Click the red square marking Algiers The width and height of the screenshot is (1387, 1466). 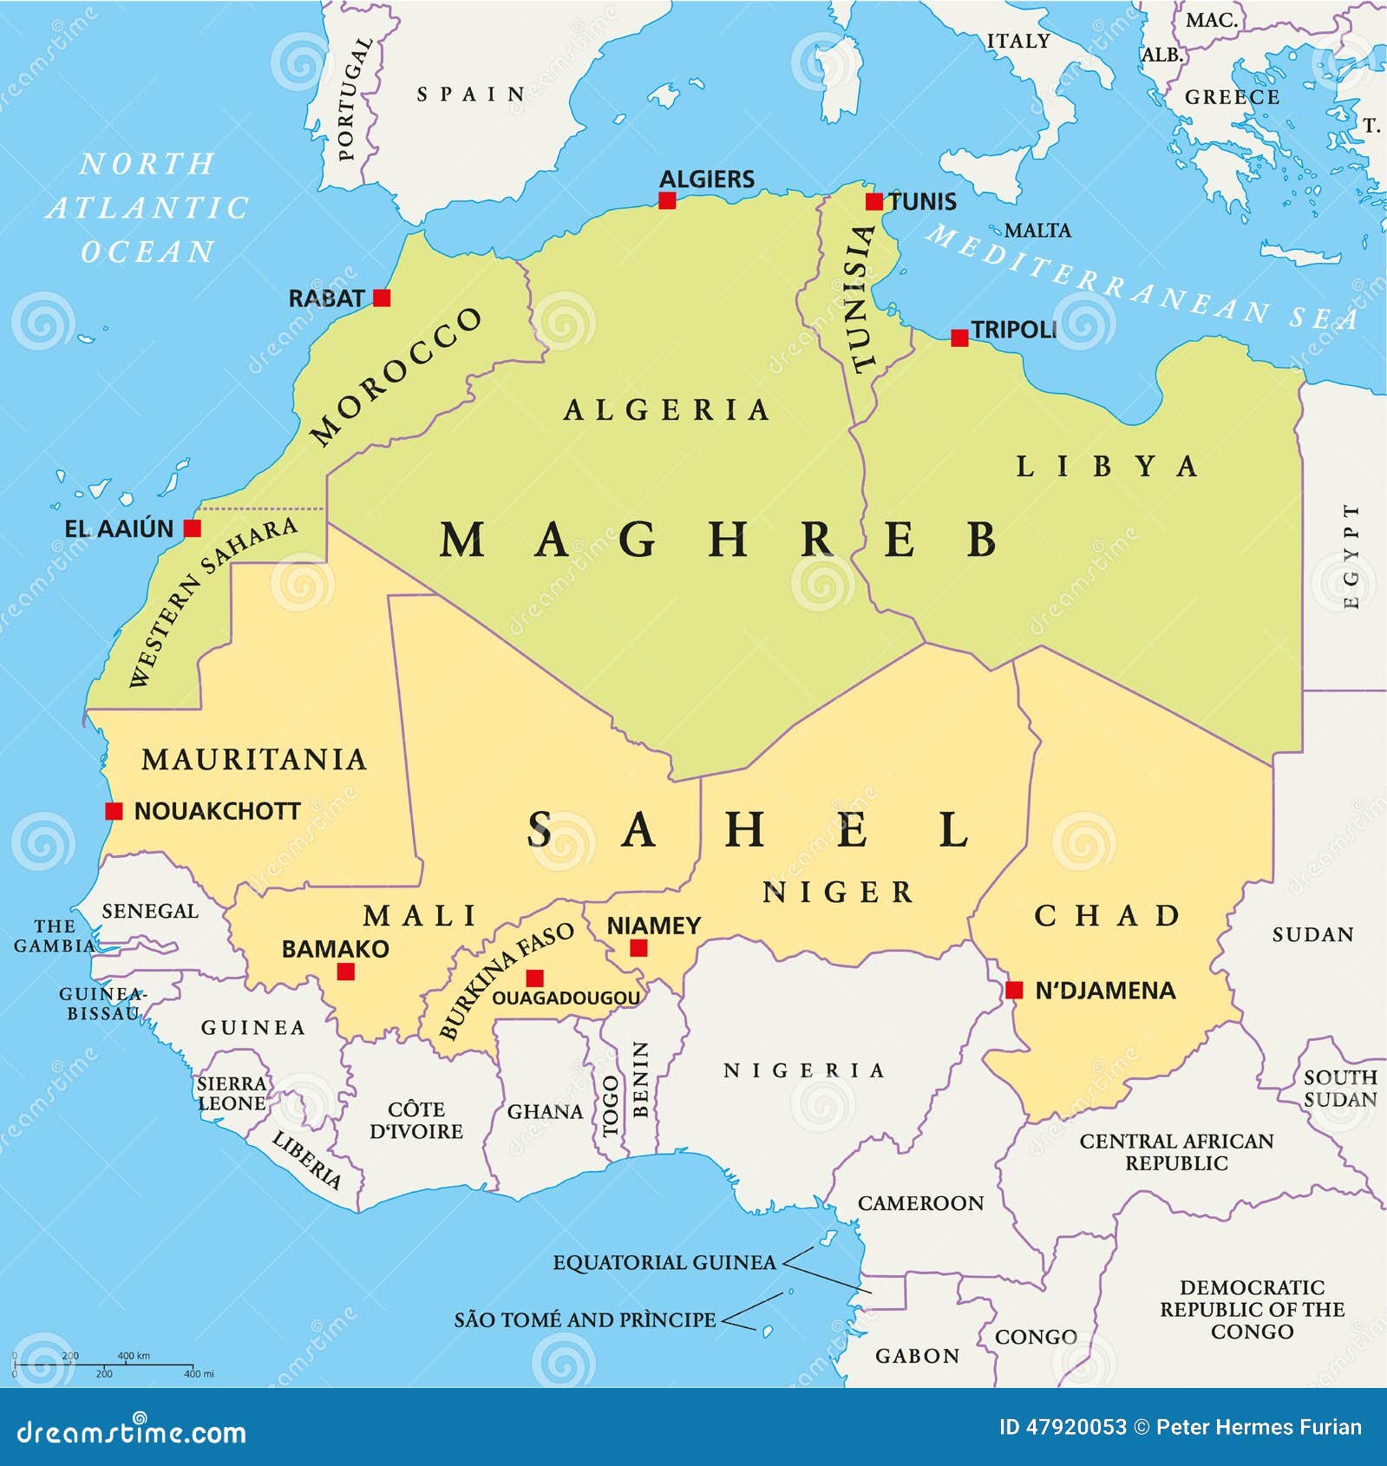pos(666,200)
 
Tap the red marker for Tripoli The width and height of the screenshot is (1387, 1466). pos(958,338)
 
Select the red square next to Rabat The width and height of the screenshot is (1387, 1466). pos(382,298)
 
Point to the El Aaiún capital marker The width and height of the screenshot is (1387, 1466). pos(193,528)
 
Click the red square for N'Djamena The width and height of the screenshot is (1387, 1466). pos(1014,990)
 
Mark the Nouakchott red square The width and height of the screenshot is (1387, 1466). pos(114,811)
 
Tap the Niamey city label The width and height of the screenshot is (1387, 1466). pos(653,926)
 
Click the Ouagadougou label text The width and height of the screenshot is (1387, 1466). pos(566,998)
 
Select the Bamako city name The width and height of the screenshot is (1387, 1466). pos(335,949)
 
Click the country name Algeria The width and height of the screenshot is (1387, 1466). pos(666,409)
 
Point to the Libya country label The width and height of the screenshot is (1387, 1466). pos(1108,467)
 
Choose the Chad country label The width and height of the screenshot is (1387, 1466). pos(1107,915)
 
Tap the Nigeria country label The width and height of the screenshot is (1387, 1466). pos(804,1070)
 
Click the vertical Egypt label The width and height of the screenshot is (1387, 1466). pos(1351,556)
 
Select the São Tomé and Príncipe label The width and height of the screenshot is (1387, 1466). pos(586,1319)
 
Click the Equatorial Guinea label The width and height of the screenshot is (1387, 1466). pos(664,1262)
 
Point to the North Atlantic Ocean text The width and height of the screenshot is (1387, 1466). pos(147,208)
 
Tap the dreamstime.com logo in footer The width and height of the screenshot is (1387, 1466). pos(132,1432)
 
